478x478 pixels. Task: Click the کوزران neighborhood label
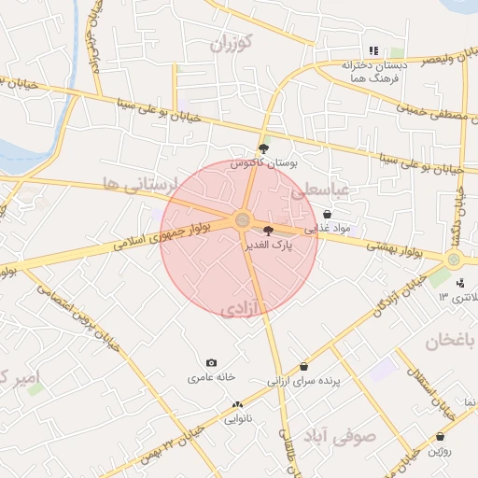pos(232,43)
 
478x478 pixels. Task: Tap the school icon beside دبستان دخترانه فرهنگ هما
pos(373,50)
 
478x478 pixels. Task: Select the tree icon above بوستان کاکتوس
pos(264,148)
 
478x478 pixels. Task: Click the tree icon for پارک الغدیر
pos(269,230)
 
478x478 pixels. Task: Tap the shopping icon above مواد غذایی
pos(326,215)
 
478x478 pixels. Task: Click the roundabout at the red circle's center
pos(243,221)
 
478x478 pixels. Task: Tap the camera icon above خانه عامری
pos(211,362)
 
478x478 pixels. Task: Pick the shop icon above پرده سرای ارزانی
pos(303,367)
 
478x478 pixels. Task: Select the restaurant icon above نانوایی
pos(237,404)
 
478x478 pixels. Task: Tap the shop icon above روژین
pos(441,436)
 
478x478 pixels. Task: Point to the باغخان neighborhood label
pos(451,341)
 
